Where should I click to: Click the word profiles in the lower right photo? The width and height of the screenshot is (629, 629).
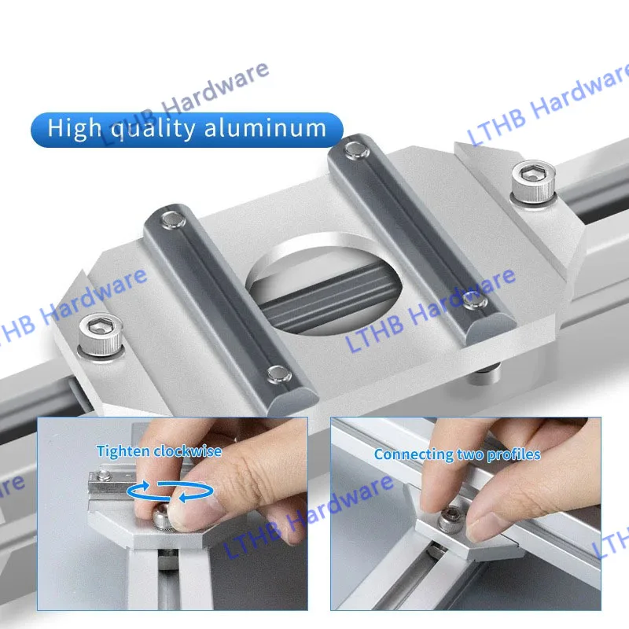514,454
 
